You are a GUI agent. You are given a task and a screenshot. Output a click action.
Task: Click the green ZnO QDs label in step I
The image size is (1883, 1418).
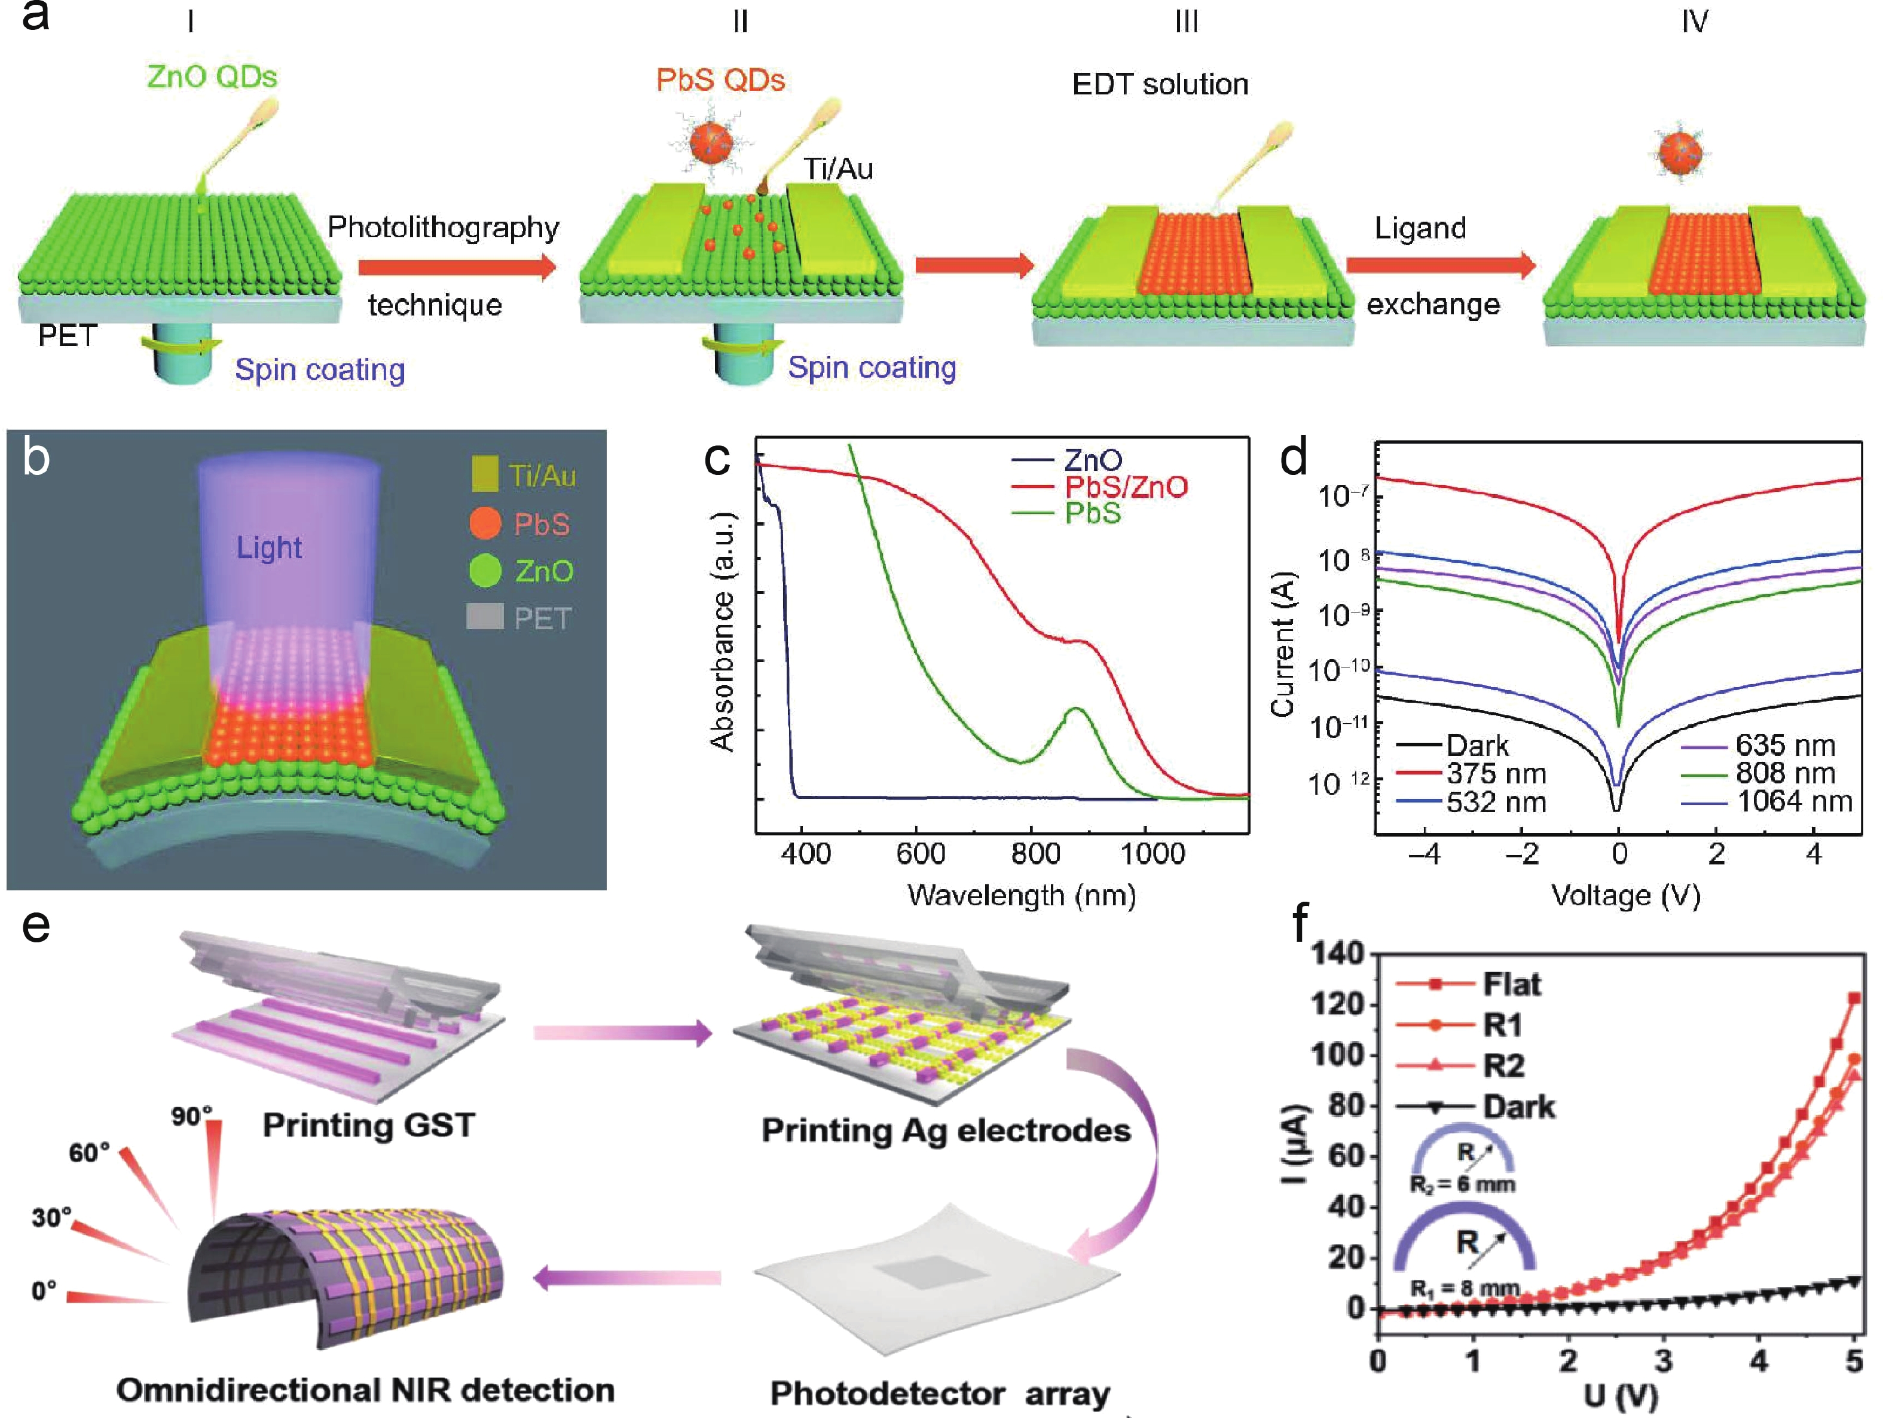(x=212, y=76)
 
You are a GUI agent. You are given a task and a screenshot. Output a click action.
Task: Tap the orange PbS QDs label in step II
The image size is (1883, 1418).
(x=720, y=80)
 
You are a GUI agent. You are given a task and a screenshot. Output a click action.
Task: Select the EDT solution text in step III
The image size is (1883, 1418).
(x=1160, y=84)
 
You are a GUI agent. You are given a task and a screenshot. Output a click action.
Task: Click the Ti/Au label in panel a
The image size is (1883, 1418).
(x=839, y=169)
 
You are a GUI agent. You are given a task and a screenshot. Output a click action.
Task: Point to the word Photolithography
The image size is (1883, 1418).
(x=444, y=227)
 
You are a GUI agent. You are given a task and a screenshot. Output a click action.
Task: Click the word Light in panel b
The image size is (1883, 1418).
(x=269, y=547)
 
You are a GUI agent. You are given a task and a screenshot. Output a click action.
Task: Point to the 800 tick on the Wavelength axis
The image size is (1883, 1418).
(x=1035, y=853)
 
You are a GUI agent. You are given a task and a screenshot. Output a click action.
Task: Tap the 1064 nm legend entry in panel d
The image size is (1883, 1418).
(x=1793, y=801)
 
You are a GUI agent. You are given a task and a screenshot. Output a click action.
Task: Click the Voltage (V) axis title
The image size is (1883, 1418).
(x=1625, y=895)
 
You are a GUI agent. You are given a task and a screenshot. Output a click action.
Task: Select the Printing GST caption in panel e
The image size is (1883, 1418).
(x=369, y=1125)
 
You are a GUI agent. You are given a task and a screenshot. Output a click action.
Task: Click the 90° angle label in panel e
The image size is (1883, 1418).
(x=191, y=1116)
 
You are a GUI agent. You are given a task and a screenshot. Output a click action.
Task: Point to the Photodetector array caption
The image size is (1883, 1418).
(x=940, y=1394)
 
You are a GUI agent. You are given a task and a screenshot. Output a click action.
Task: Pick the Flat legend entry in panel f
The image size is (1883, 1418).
(x=1511, y=984)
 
